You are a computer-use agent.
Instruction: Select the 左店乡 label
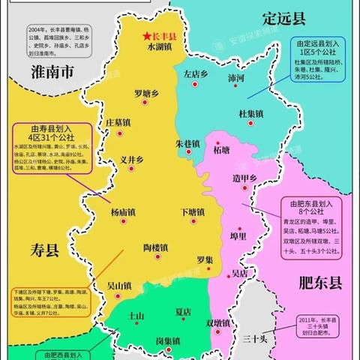196,74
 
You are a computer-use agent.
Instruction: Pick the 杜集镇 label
250,114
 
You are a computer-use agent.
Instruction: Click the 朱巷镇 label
187,143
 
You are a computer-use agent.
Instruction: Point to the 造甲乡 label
244,178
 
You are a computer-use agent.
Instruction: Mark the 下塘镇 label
193,211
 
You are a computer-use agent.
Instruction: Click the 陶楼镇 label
159,247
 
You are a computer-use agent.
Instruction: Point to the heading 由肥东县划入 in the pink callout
305,203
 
